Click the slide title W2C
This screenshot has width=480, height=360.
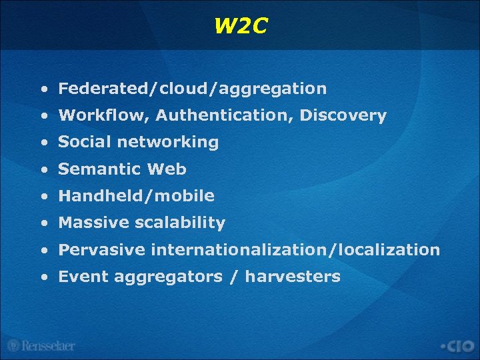coord(241,26)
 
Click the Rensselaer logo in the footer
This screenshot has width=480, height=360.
coord(41,345)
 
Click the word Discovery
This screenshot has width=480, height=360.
coord(343,115)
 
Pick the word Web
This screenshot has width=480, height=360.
coord(167,169)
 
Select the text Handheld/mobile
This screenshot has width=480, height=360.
coord(137,196)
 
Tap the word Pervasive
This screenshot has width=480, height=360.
coord(101,250)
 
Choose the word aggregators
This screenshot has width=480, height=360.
coord(168,277)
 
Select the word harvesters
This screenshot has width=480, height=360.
coord(293,277)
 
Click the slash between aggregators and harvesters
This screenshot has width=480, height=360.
coord(233,277)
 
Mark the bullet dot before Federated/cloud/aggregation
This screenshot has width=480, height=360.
coord(43,89)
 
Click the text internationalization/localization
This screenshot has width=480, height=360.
coord(295,250)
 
